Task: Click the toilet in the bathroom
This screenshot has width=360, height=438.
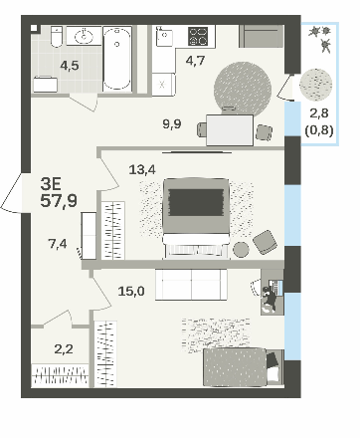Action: pyautogui.click(x=57, y=36)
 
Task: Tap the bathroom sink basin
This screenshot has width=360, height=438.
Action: pyautogui.click(x=85, y=36)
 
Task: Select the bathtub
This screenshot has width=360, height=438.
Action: pyautogui.click(x=117, y=59)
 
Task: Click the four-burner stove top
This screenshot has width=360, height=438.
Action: pyautogui.click(x=198, y=36)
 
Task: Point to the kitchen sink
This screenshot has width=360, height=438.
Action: pyautogui.click(x=164, y=39)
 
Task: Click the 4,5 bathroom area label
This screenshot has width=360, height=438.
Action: pyautogui.click(x=70, y=66)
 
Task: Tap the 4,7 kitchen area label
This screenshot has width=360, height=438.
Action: pyautogui.click(x=196, y=61)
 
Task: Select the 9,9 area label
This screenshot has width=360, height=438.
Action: pyautogui.click(x=172, y=124)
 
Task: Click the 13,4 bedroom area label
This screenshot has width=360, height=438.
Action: pyautogui.click(x=142, y=170)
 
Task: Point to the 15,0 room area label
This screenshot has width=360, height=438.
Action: pyautogui.click(x=131, y=292)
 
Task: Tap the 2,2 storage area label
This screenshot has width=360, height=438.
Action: pyautogui.click(x=64, y=349)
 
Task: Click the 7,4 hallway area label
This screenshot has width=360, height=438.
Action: pyautogui.click(x=58, y=244)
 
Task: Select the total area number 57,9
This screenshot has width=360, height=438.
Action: pyautogui.click(x=59, y=201)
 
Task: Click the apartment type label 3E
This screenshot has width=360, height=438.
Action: pyautogui.click(x=51, y=183)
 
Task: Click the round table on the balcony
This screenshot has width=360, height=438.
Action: pyautogui.click(x=315, y=85)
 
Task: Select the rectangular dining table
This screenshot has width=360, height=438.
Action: pyautogui.click(x=230, y=130)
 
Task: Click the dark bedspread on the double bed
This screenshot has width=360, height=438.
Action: pyautogui.click(x=196, y=203)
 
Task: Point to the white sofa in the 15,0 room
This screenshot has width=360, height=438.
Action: pyautogui.click(x=191, y=285)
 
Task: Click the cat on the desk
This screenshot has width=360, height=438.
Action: pyautogui.click(x=270, y=298)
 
